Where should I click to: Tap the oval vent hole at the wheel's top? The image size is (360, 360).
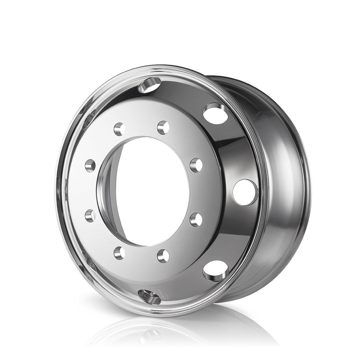149,84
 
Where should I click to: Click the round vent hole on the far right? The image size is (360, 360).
245,192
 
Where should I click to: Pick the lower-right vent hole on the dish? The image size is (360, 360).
216,270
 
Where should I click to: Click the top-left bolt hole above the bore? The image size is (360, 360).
119,128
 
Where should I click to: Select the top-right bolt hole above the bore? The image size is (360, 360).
163,127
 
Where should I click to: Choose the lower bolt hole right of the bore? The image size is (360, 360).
196,219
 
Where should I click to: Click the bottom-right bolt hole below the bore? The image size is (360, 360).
163,256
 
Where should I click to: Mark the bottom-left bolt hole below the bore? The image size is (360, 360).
119,253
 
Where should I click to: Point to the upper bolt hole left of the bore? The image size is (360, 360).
90,165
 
